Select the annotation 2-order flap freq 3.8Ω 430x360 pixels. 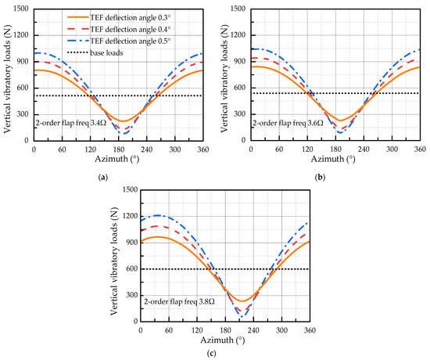point(184,300)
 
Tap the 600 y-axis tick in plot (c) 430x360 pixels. point(128,268)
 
